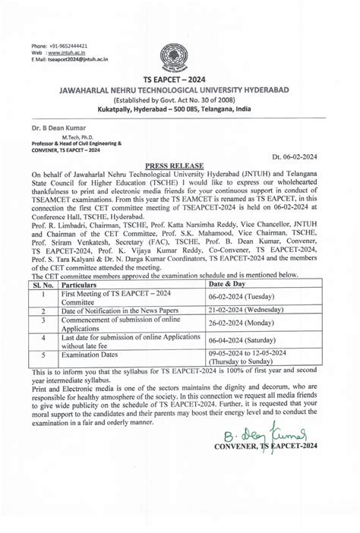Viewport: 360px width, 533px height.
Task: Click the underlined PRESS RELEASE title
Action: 180,172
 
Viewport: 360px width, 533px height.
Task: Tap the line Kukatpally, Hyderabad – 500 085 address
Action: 180,111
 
